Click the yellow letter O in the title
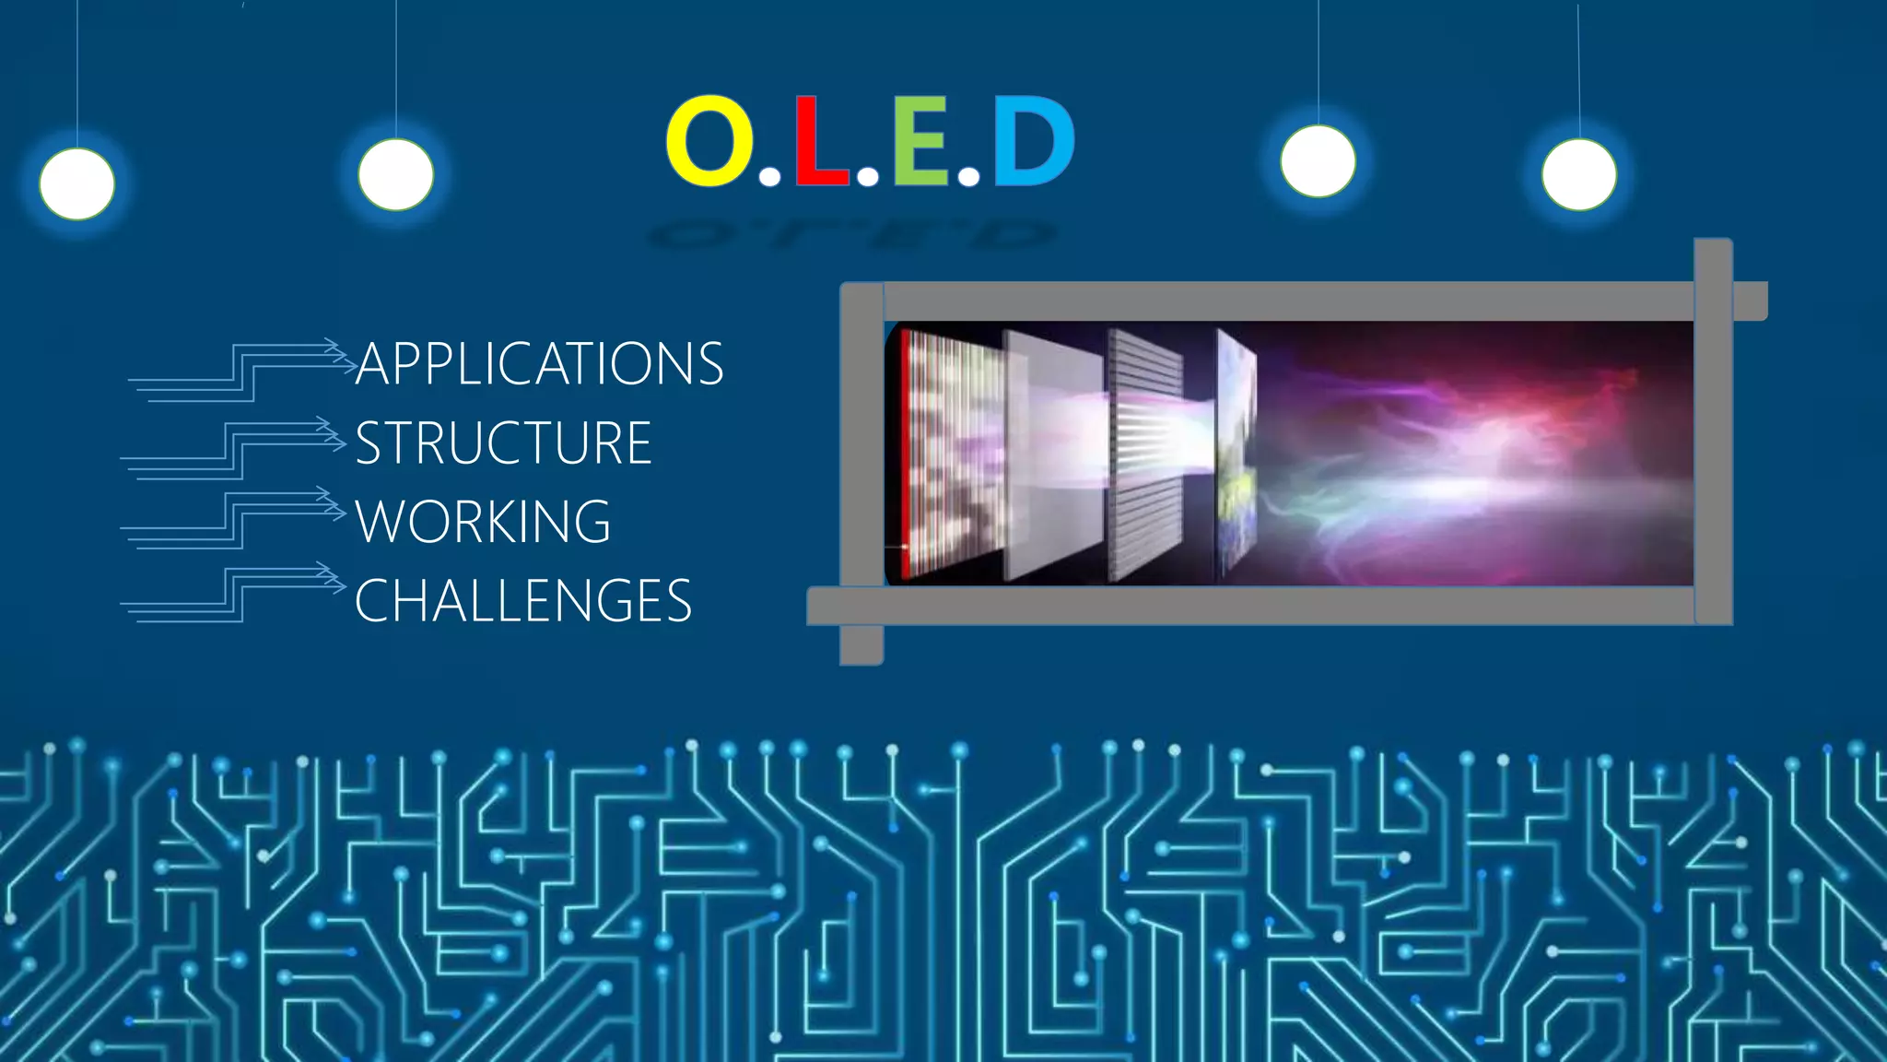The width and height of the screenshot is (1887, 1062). (709, 140)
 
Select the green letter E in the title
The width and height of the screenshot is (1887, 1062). (920, 141)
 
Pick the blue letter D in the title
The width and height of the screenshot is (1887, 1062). (1033, 141)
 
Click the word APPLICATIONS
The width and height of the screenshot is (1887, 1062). (540, 363)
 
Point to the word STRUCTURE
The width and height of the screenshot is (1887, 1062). (504, 443)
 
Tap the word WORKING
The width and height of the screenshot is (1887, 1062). (483, 522)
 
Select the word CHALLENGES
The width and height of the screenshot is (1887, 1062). (522, 601)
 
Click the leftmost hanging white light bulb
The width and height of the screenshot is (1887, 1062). (77, 184)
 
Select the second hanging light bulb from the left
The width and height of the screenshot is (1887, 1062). (396, 174)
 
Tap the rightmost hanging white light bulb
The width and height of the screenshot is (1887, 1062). (1579, 174)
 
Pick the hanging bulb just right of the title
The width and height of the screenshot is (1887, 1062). (1319, 161)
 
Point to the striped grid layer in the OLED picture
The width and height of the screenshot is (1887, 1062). (1146, 454)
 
